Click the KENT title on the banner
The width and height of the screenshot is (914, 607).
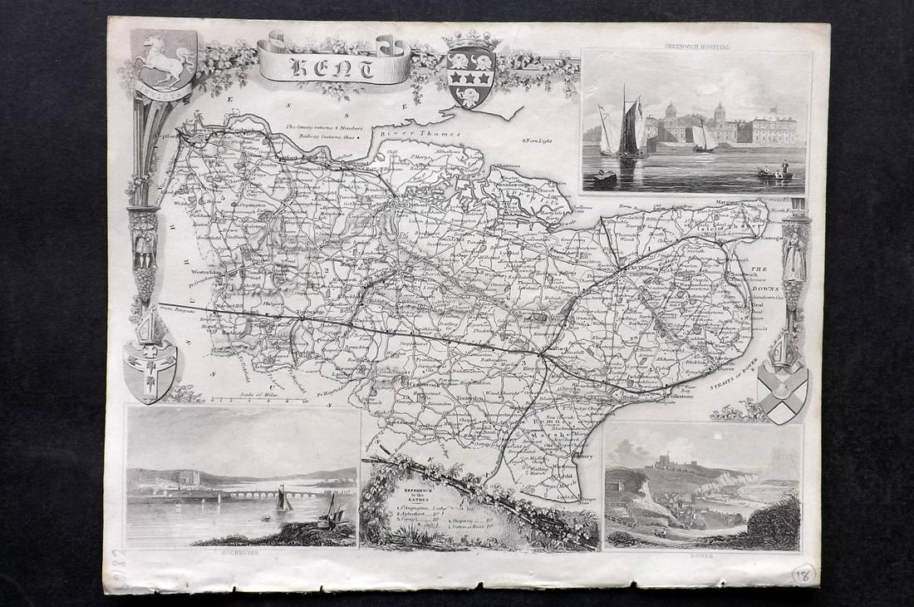(x=333, y=67)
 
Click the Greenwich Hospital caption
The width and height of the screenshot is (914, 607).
(x=696, y=48)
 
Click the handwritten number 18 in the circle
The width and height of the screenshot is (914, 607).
(x=804, y=574)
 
